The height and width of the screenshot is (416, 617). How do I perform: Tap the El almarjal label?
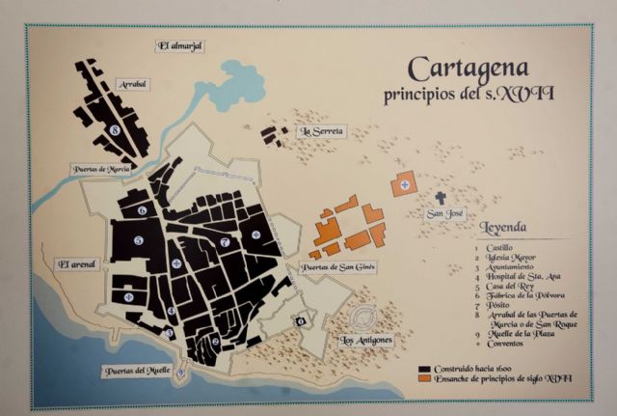tap(181, 45)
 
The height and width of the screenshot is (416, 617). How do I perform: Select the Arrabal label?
tap(131, 84)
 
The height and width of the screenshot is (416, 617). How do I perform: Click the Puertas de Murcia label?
tap(101, 169)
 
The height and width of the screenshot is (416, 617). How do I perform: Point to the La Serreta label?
tap(322, 130)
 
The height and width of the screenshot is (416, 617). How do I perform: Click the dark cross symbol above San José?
tap(441, 197)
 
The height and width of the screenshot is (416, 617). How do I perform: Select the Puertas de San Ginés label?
tap(337, 266)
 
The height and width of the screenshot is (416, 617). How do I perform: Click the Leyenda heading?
tap(503, 228)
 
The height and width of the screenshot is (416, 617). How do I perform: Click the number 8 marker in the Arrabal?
tap(114, 128)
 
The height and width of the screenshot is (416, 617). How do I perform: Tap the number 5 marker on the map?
tap(139, 240)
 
